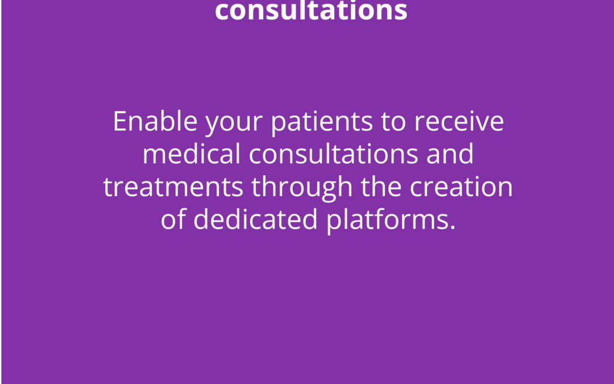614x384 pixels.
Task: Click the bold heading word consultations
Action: coord(312,10)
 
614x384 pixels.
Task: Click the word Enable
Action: coord(155,121)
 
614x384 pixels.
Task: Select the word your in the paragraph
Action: coord(234,125)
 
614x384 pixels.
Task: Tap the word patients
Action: coord(321,122)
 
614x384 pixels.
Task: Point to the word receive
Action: coord(459,121)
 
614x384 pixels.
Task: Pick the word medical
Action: coord(192,154)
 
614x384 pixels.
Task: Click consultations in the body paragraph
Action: coord(333,154)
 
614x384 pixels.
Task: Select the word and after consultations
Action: coord(450,154)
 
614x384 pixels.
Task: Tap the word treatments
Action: coord(173,187)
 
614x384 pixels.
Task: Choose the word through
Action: coord(302,188)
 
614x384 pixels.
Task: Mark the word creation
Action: coord(461,187)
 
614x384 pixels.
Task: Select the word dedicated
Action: coord(256,219)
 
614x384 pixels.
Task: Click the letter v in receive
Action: coord(483,124)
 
